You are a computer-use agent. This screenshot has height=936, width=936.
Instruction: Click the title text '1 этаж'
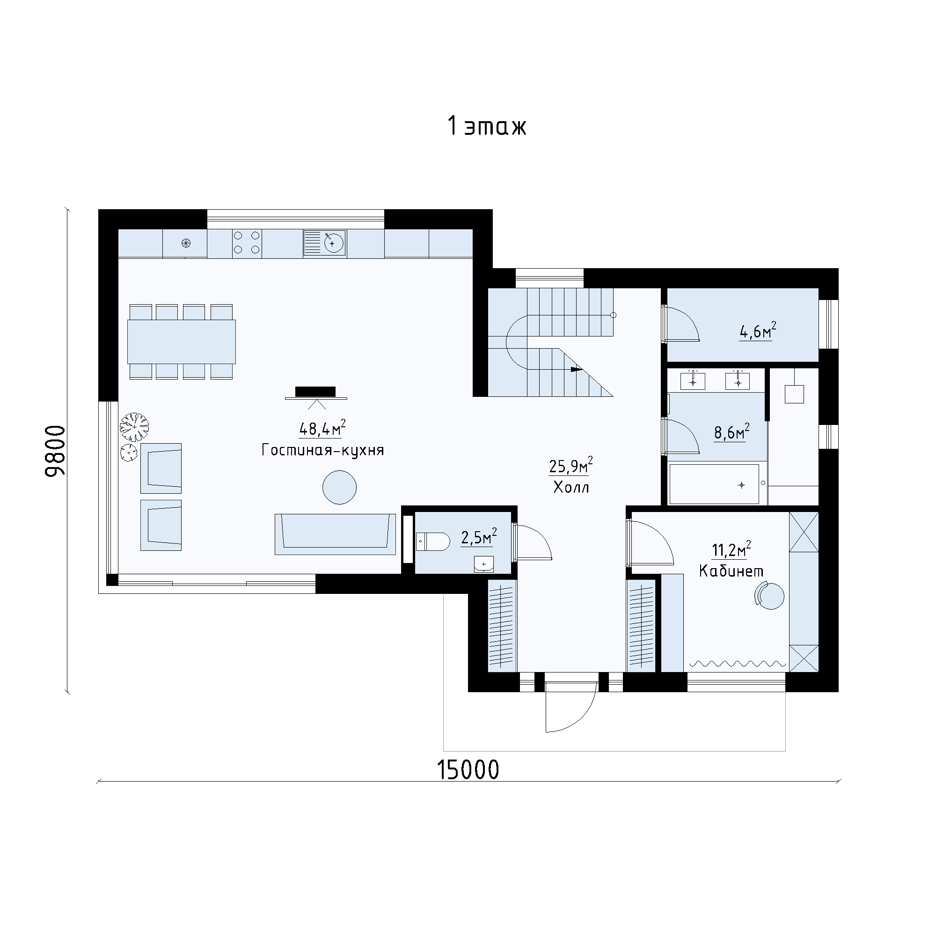pyautogui.click(x=487, y=126)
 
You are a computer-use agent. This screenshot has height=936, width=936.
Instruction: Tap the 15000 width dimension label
pyautogui.click(x=468, y=769)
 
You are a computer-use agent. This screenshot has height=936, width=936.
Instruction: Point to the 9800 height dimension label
pyautogui.click(x=55, y=451)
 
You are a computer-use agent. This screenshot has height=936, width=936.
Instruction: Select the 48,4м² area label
pyautogui.click(x=322, y=428)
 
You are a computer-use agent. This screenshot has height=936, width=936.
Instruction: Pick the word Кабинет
pyautogui.click(x=731, y=571)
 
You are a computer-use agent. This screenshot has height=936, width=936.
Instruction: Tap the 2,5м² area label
pyautogui.click(x=479, y=537)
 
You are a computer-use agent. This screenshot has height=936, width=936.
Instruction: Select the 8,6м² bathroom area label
pyautogui.click(x=732, y=431)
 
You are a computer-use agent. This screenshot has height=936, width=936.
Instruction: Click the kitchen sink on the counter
pyautogui.click(x=325, y=243)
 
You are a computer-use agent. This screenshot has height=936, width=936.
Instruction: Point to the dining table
pyautogui.click(x=182, y=342)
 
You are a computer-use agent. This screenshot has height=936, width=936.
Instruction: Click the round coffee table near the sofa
pyautogui.click(x=340, y=487)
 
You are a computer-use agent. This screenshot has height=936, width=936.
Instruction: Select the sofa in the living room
pyautogui.click(x=335, y=534)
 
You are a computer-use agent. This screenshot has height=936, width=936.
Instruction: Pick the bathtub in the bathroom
pyautogui.click(x=714, y=484)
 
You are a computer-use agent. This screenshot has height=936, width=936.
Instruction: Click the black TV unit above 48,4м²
pyautogui.click(x=315, y=391)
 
